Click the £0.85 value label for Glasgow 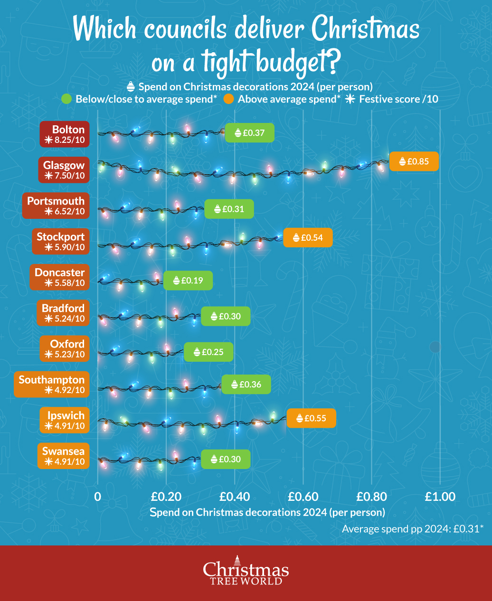click(414, 161)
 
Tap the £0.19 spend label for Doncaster click(188, 281)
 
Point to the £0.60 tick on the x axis click(303, 497)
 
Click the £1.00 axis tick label click(440, 497)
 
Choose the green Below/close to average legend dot click(66, 99)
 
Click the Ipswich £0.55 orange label click(311, 418)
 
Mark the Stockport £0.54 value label click(308, 237)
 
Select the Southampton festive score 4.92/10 click(65, 390)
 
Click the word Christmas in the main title click(366, 29)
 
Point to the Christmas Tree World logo click(246, 571)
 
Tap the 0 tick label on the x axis click(97, 497)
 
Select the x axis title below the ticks click(267, 512)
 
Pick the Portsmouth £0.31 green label click(229, 209)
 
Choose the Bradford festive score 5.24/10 click(65, 319)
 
